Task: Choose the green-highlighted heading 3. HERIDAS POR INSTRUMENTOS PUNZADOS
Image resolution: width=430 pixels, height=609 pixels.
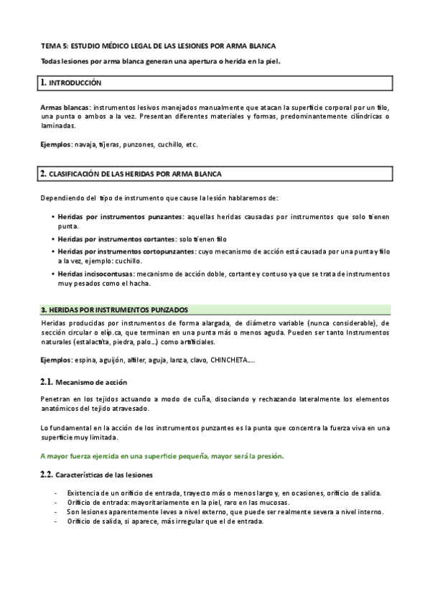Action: point(115,310)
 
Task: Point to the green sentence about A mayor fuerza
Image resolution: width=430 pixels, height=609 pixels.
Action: point(162,456)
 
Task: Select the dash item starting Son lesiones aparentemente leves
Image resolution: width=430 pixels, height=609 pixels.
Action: point(225,512)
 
